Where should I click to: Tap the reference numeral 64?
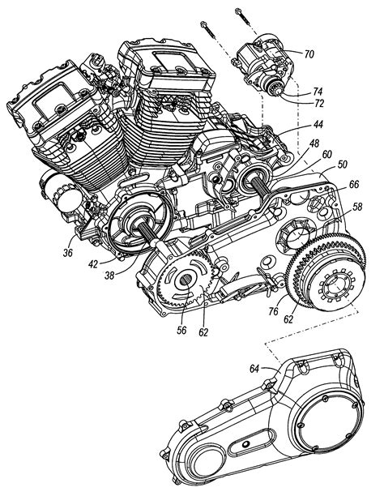click(x=254, y=370)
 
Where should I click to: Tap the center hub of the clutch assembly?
click(x=334, y=289)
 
